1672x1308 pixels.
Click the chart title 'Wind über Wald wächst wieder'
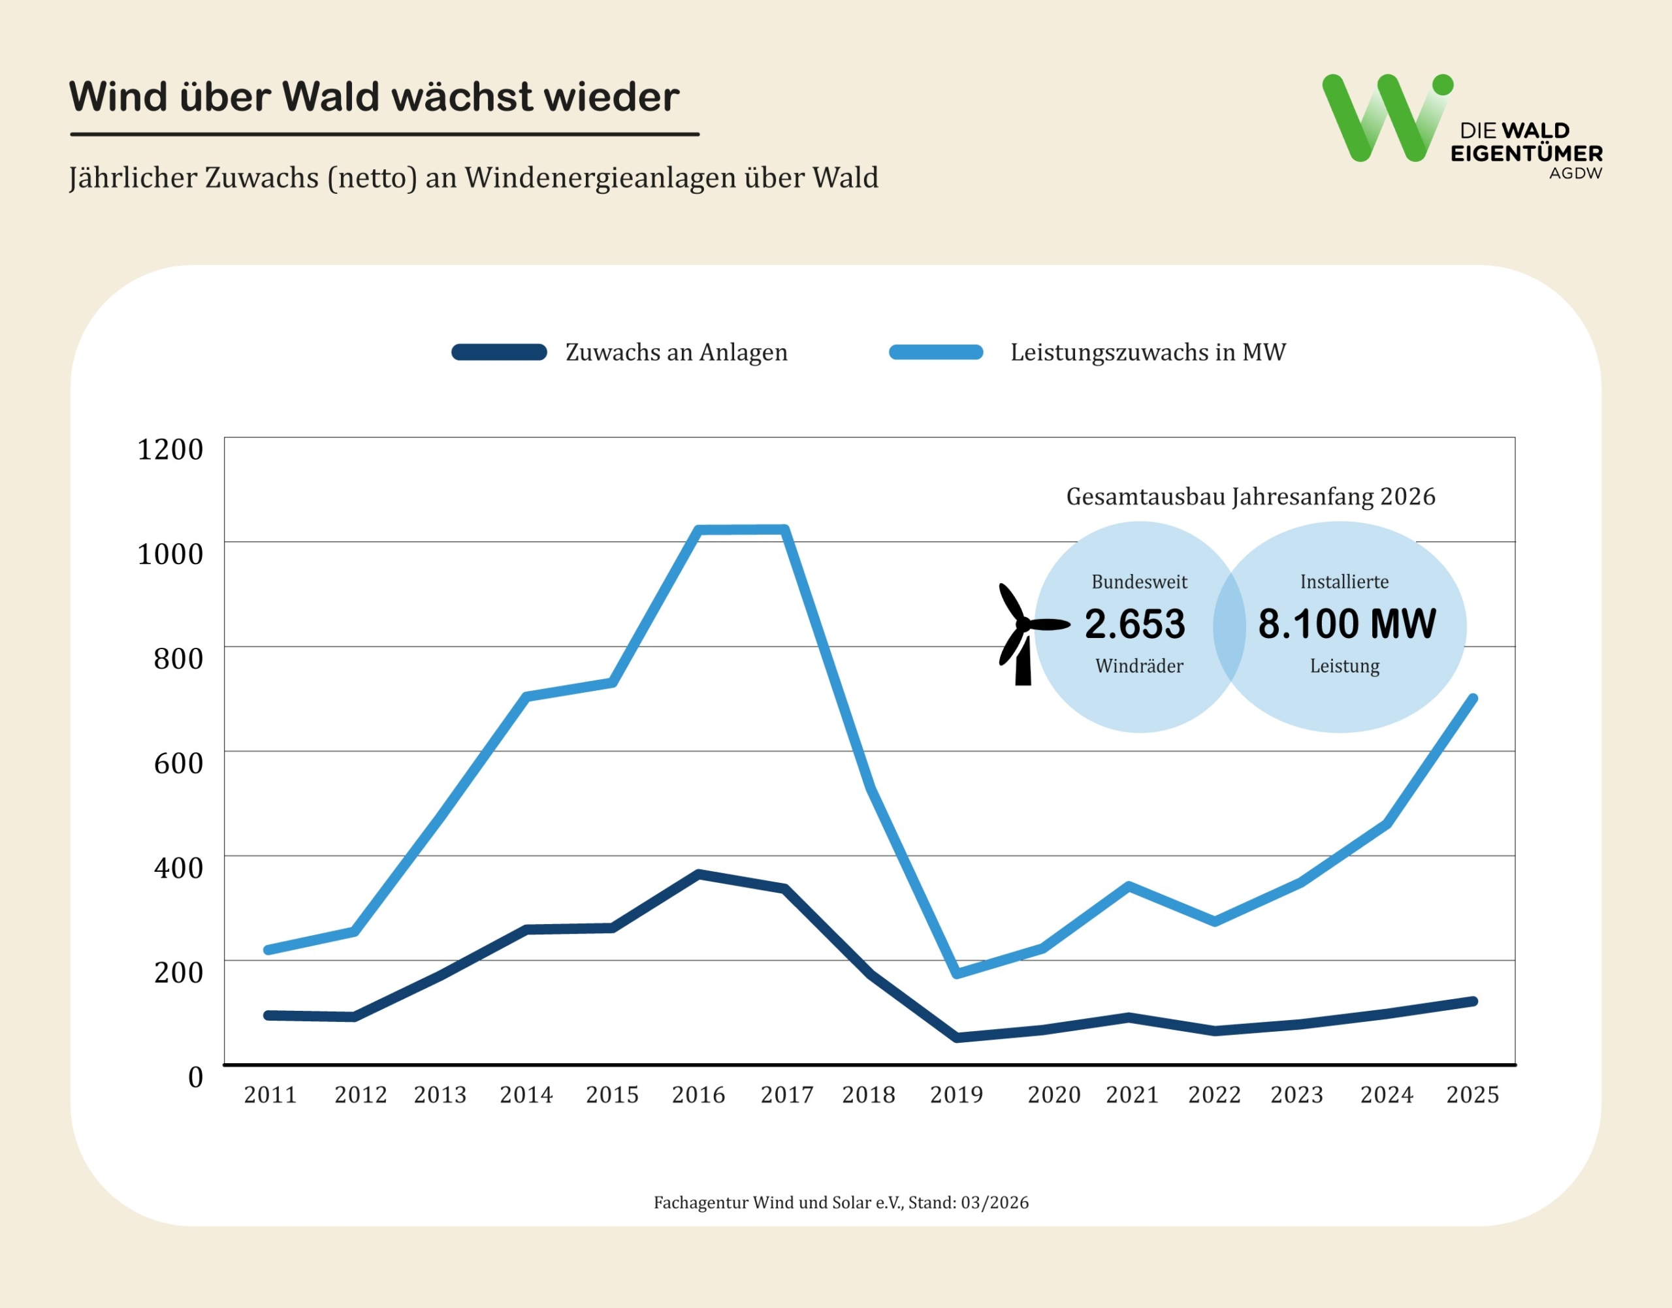coord(374,97)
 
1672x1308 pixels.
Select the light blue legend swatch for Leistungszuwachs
coord(935,352)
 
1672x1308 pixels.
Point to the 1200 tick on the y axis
coord(170,449)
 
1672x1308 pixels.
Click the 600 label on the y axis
coord(178,763)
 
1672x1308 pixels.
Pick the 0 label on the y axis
coord(195,1077)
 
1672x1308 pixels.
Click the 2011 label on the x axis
coord(270,1095)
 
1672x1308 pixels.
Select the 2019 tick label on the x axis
coord(956,1095)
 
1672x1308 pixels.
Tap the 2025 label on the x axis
coord(1472,1095)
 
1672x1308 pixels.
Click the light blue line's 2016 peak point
coord(699,530)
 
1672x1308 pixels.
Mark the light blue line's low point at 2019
coord(957,974)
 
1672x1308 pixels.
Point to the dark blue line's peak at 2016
coord(699,874)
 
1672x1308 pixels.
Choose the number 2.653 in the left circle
coord(1134,624)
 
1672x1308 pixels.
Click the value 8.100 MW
coord(1347,624)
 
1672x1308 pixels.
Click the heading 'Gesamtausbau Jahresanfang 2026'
coord(1250,497)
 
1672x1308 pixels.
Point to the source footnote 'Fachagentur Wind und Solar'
coord(840,1202)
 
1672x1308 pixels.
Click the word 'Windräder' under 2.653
coord(1139,666)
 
